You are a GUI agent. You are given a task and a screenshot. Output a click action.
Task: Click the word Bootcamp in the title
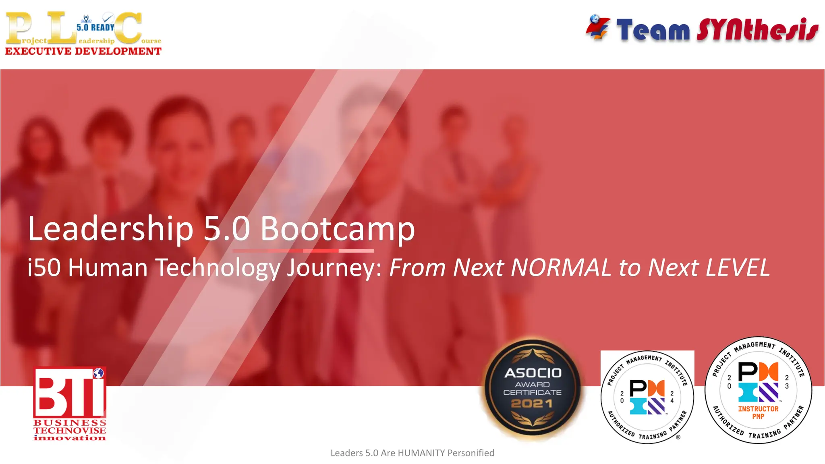338,229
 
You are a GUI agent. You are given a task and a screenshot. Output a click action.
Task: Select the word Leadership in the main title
110,229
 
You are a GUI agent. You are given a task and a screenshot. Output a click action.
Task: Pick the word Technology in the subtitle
218,268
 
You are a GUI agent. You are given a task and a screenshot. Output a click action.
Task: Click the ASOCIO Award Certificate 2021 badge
533,388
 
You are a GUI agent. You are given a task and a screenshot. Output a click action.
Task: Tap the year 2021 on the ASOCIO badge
532,404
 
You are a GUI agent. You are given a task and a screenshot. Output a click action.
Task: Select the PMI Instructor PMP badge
758,390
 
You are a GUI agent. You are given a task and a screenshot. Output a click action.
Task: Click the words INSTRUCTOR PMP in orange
758,412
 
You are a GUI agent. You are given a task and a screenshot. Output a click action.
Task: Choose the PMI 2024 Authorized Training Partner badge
647,397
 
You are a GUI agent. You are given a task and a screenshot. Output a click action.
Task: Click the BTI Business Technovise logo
70,403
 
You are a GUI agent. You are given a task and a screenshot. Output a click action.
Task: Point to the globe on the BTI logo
98,373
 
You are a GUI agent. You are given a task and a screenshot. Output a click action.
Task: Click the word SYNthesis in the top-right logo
757,30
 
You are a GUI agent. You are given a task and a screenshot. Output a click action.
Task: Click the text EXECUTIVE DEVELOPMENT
83,51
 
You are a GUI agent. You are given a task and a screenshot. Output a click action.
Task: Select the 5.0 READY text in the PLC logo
95,27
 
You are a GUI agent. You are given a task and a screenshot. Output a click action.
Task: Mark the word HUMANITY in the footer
421,453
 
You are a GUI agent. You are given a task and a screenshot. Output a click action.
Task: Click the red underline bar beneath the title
303,251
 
